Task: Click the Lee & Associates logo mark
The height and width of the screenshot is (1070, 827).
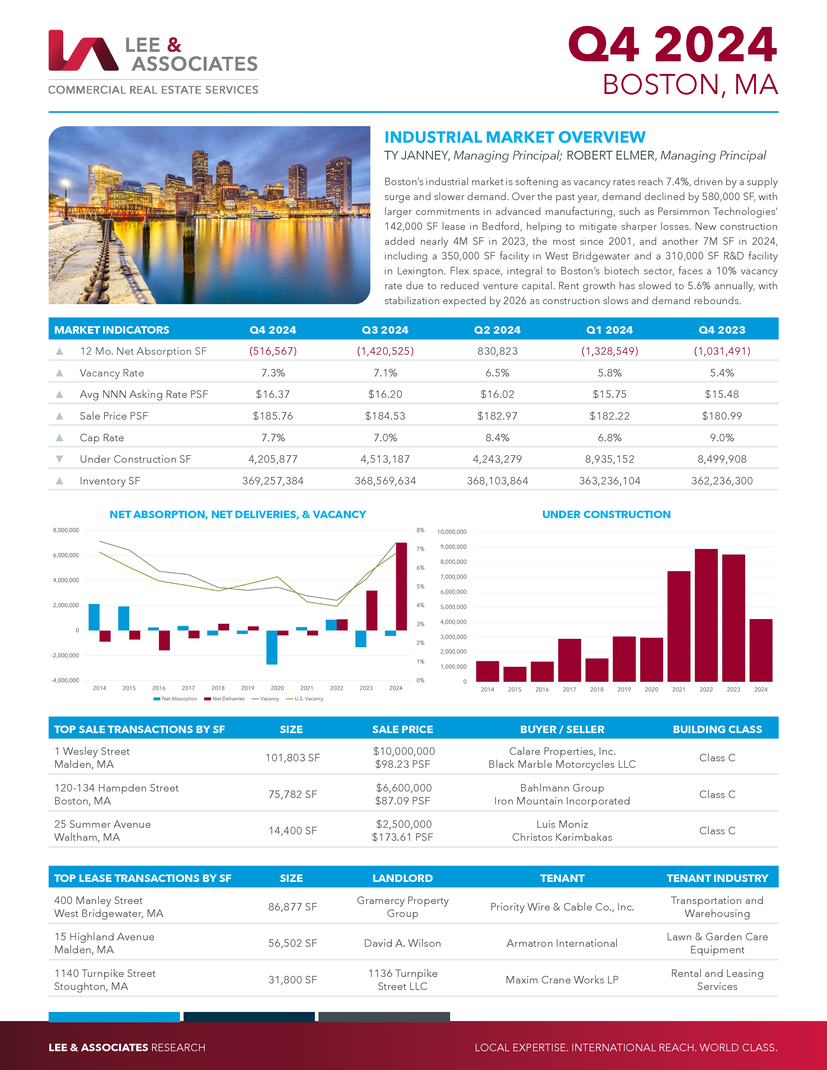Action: pos(83,51)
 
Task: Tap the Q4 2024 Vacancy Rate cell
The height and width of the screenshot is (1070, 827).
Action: pos(273,373)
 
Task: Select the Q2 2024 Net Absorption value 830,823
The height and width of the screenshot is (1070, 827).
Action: pos(497,351)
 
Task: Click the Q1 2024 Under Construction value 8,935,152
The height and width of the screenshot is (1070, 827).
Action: pos(609,459)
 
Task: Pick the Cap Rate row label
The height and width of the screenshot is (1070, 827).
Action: pos(102,437)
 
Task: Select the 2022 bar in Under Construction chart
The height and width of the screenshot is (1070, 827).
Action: pos(706,615)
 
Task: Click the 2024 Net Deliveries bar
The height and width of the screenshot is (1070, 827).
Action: pos(401,587)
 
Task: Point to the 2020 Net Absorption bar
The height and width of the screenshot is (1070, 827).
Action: pos(272,647)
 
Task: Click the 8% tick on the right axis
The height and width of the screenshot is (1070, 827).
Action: pos(420,530)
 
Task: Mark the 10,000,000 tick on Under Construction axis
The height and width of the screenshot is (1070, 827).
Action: pos(452,531)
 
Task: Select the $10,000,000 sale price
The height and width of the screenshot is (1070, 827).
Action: pos(404,751)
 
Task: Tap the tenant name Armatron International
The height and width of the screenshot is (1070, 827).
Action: pos(562,943)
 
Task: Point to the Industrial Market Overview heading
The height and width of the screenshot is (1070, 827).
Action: pos(514,137)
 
